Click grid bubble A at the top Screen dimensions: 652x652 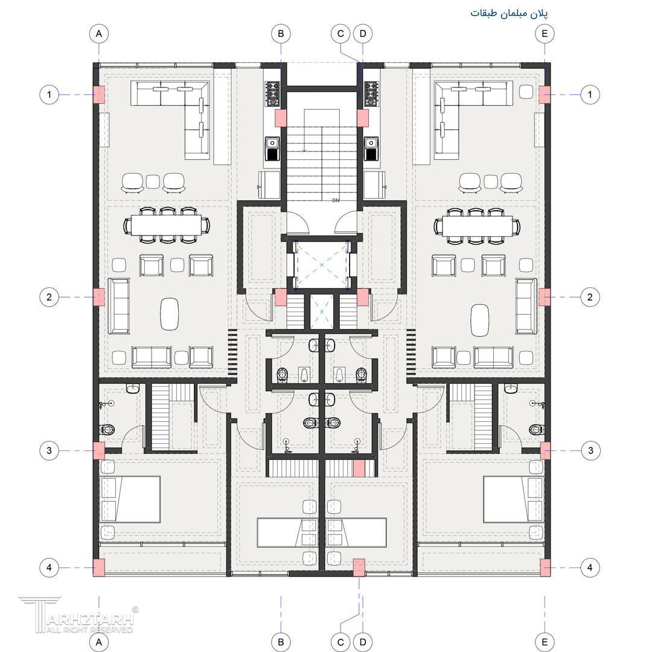click(99, 34)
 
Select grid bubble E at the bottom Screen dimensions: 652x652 click(545, 642)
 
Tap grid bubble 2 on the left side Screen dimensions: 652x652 click(49, 297)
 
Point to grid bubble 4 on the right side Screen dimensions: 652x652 click(590, 567)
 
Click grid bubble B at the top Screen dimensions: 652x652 click(281, 34)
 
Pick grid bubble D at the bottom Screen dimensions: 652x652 click(363, 642)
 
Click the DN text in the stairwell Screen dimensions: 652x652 click(336, 200)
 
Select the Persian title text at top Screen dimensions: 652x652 click(509, 13)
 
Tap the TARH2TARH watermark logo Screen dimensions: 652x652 click(77, 614)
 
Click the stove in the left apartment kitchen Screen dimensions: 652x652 click(273, 94)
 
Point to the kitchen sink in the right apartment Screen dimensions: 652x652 click(371, 149)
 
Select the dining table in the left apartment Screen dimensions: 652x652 click(167, 225)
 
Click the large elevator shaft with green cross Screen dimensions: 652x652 click(321, 265)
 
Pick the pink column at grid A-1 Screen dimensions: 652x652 click(98, 94)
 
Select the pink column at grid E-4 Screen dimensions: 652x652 click(545, 567)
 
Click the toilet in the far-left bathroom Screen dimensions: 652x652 click(107, 429)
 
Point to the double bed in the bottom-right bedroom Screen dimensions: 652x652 click(513, 499)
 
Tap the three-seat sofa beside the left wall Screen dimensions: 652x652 click(119, 306)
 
